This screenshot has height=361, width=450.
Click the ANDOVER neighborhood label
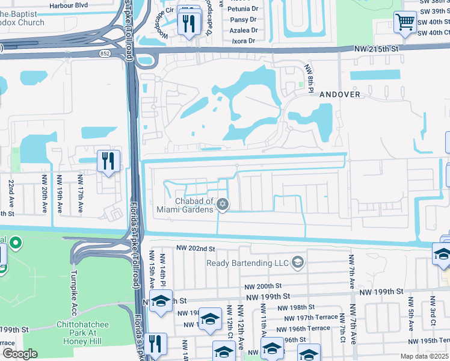[339, 94]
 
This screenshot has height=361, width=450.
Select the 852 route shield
[105, 54]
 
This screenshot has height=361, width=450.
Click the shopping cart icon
[405, 23]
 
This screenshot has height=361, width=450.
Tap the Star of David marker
[223, 205]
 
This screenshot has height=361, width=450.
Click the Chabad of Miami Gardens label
[194, 205]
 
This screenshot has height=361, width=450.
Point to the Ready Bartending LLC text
[247, 262]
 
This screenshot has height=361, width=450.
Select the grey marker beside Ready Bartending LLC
[297, 262]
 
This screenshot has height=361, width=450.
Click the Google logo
[20, 353]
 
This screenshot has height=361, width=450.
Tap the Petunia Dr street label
[244, 10]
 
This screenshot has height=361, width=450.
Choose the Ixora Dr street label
[244, 40]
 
